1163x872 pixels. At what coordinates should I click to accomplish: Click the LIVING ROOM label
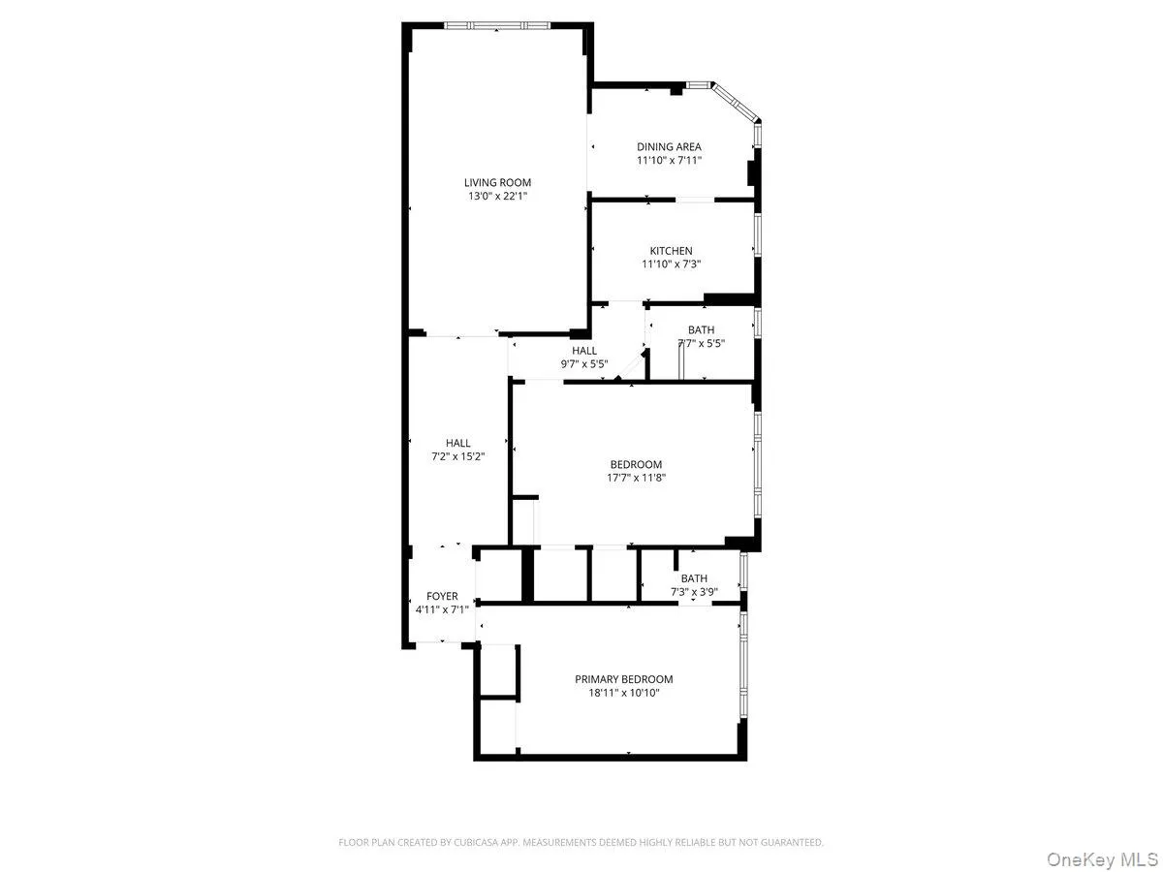pyautogui.click(x=497, y=182)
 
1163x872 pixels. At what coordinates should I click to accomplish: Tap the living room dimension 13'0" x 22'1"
pyautogui.click(x=497, y=196)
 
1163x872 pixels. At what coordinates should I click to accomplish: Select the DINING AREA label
pyautogui.click(x=669, y=147)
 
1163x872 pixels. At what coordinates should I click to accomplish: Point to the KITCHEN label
pyautogui.click(x=671, y=251)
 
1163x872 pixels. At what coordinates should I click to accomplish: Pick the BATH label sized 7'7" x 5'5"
pyautogui.click(x=701, y=330)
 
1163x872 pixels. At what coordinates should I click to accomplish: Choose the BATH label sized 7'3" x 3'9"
pyautogui.click(x=694, y=578)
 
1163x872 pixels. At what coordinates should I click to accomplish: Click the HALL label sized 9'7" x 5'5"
pyautogui.click(x=584, y=351)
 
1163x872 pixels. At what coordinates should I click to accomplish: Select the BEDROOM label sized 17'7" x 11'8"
pyautogui.click(x=636, y=464)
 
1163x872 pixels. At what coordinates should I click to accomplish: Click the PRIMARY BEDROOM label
pyautogui.click(x=623, y=679)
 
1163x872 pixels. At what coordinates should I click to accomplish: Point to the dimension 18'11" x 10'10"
pyautogui.click(x=623, y=693)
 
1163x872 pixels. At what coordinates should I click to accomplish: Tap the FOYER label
pyautogui.click(x=442, y=596)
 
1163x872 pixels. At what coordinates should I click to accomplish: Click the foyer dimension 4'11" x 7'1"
pyautogui.click(x=442, y=609)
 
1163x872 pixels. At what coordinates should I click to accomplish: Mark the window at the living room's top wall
pyautogui.click(x=497, y=25)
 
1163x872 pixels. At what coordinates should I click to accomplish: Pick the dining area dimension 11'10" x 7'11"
pyautogui.click(x=669, y=161)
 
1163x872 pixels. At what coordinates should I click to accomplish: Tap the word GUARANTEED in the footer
pyautogui.click(x=789, y=843)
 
